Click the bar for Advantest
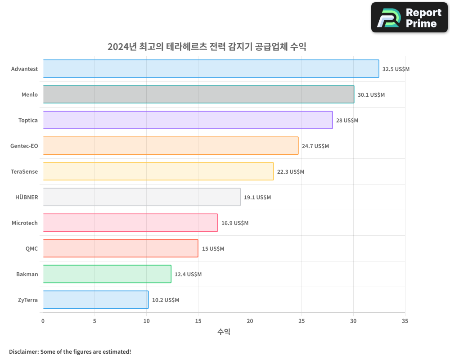tap(211, 69)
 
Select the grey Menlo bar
tap(198, 94)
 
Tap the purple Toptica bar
tap(188, 120)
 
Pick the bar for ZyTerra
tap(95, 300)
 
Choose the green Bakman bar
tap(107, 274)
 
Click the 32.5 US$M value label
tap(396, 69)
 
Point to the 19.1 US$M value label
tap(257, 198)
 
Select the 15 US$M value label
tap(213, 249)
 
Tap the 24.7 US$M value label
tap(315, 146)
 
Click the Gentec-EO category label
tap(24, 146)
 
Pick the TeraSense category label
tap(24, 171)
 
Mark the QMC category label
tap(31, 248)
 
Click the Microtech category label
tap(25, 223)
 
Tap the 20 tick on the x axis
tap(250, 321)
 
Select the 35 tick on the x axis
tap(405, 321)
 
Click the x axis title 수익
tap(224, 332)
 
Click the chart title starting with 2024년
tap(207, 46)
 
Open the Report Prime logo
tap(409, 18)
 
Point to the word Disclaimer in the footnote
tap(22, 351)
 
